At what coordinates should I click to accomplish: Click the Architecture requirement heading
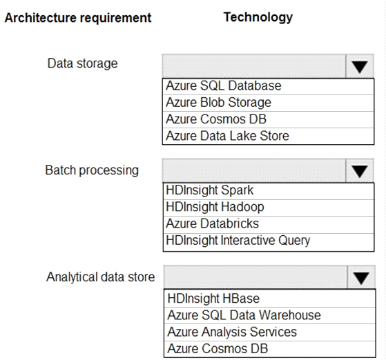pyautogui.click(x=78, y=18)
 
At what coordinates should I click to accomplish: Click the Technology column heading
pyautogui.click(x=258, y=17)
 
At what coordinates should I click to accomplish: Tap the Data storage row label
pyautogui.click(x=82, y=63)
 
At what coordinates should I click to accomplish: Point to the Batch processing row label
pyautogui.click(x=92, y=170)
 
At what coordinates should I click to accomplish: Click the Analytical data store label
pyautogui.click(x=101, y=277)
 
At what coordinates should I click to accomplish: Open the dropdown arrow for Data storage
pyautogui.click(x=360, y=66)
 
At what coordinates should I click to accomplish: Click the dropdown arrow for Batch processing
pyautogui.click(x=360, y=170)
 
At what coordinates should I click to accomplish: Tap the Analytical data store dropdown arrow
pyautogui.click(x=361, y=277)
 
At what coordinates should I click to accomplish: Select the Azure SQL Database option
pyautogui.click(x=224, y=86)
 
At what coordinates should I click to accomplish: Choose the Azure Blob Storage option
pyautogui.click(x=219, y=103)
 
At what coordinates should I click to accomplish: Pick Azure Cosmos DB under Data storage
pyautogui.click(x=216, y=119)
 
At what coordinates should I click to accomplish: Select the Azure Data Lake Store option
pyautogui.click(x=227, y=136)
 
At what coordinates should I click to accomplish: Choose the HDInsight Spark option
pyautogui.click(x=210, y=190)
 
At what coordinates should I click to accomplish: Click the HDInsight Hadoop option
pyautogui.click(x=215, y=207)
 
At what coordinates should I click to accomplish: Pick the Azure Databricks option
pyautogui.click(x=213, y=223)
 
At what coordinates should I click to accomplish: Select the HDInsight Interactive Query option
pyautogui.click(x=238, y=241)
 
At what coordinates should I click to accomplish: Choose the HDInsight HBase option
pyautogui.click(x=213, y=299)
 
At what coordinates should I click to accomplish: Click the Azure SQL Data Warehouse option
pyautogui.click(x=244, y=315)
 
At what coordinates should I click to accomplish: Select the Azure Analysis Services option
pyautogui.click(x=232, y=332)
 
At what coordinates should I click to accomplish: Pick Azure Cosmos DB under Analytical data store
pyautogui.click(x=218, y=349)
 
